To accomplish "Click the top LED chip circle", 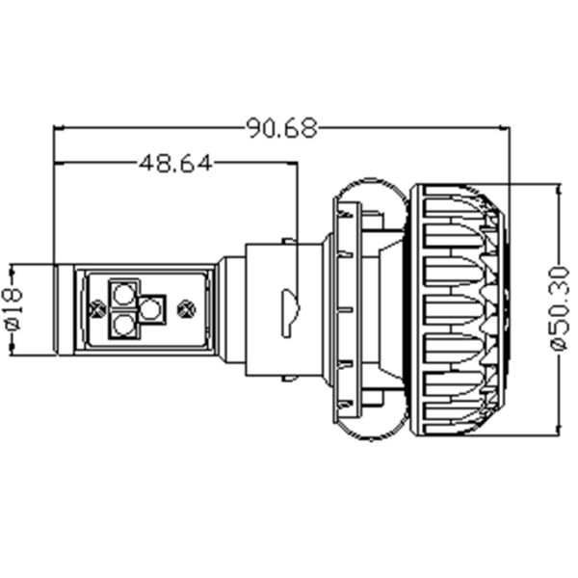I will (123, 291).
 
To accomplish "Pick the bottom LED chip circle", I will (123, 326).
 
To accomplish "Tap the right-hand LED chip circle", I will (150, 308).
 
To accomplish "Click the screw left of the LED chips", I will (96, 309).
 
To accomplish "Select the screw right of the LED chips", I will (188, 309).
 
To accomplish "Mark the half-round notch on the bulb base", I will (286, 311).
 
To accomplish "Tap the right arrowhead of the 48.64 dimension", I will (292, 162).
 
